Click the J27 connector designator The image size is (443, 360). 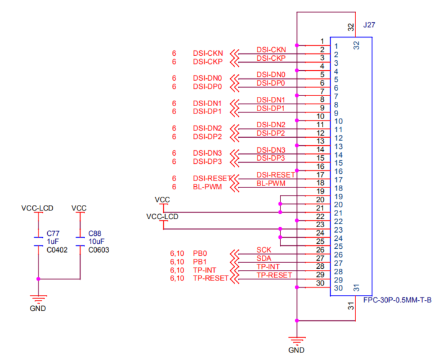pos(369,25)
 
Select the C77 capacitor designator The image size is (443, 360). pos(53,234)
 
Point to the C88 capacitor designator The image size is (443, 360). pos(94,234)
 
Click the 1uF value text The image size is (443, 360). pos(53,242)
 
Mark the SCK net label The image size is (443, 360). pos(263,250)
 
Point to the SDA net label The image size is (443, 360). pos(264,258)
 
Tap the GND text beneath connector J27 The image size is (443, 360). pos(297,350)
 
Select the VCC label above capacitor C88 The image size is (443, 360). pos(79,207)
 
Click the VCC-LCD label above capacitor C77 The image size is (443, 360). pos(38,207)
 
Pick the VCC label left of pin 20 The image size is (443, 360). pos(162,199)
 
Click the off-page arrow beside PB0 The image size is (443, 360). pos(235,254)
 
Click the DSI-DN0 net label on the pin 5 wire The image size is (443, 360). pos(271,74)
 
